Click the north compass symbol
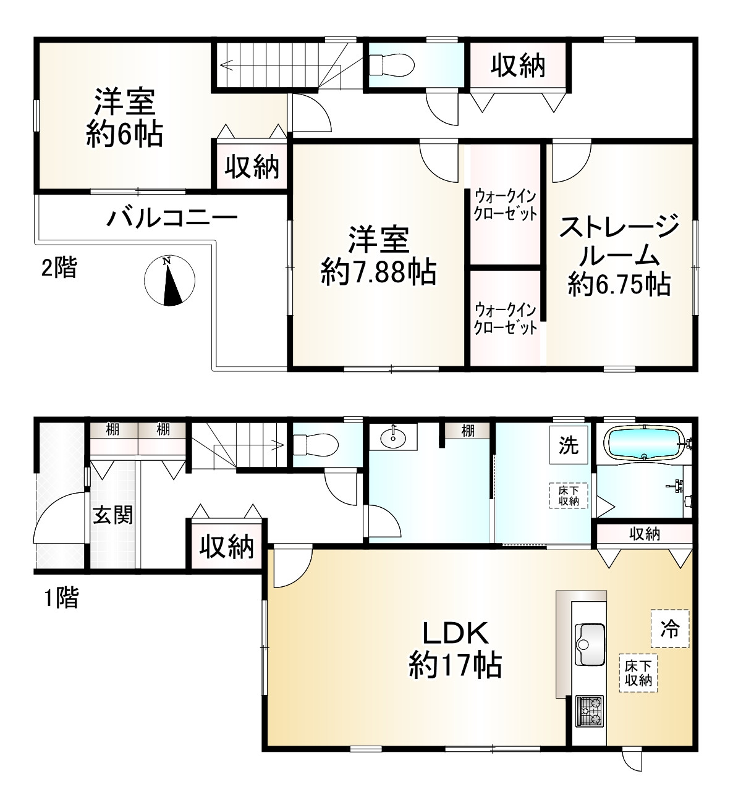click(169, 280)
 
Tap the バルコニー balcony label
click(172, 218)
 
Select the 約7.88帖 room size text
click(378, 272)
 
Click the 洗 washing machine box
click(568, 445)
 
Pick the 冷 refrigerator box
click(670, 629)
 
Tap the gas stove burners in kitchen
click(589, 710)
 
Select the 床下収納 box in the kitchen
click(638, 673)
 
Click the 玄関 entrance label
click(113, 514)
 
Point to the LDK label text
click(455, 633)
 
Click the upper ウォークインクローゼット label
click(505, 205)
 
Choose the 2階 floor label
click(59, 267)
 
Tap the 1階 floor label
click(61, 597)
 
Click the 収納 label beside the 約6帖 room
click(252, 167)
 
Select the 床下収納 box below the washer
click(568, 495)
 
